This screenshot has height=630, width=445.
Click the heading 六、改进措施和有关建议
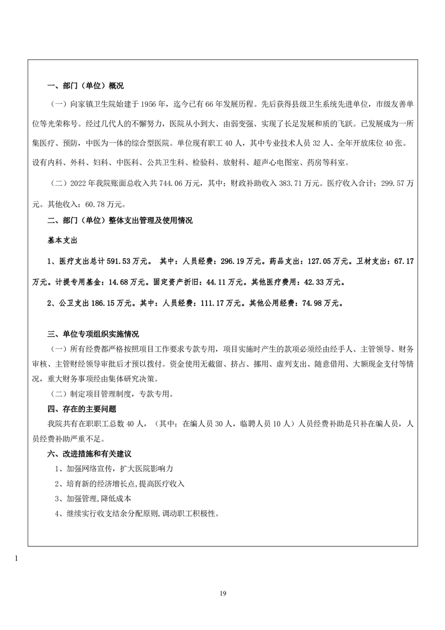[89, 453]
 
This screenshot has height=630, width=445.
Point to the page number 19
[223, 593]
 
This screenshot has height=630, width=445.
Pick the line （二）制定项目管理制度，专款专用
[111, 394]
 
